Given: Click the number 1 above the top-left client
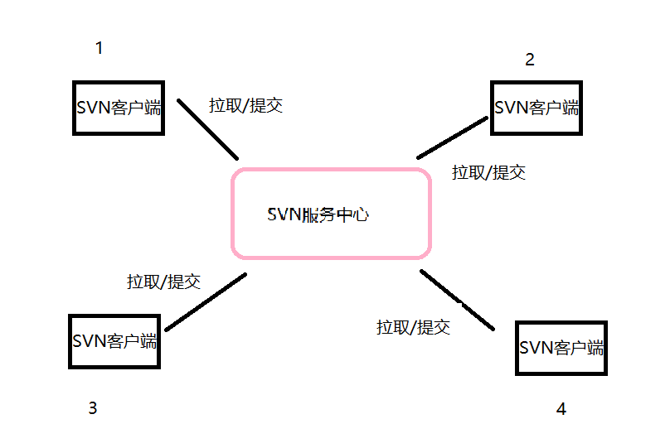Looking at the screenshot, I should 100,48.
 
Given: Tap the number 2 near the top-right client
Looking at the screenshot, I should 530,60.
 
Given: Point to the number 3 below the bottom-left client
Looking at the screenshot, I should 93,407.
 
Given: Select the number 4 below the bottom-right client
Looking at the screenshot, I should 561,409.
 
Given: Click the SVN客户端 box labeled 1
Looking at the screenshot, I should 119,108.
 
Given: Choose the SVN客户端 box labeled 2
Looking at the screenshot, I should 536,108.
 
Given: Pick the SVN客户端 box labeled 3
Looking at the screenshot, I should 114,341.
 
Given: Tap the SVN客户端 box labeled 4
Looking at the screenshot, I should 561,348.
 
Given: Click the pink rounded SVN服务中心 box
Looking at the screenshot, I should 332,240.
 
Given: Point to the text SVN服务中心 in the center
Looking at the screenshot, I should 318,214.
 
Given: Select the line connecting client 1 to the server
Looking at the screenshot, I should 208,129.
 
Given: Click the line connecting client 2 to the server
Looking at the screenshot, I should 453,137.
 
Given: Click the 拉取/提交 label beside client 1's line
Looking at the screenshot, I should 245,105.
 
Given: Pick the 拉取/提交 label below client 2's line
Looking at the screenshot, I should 488,172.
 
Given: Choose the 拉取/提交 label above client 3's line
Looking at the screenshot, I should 163,282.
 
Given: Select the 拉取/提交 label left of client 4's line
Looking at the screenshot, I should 413,326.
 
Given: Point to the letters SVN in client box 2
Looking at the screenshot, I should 510,108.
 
